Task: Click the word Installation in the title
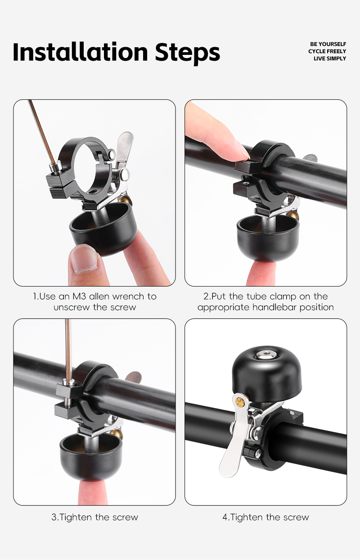[80, 52]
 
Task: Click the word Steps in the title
[187, 54]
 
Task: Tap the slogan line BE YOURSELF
[328, 44]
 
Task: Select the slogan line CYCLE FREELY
[327, 51]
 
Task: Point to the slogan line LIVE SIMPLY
[330, 58]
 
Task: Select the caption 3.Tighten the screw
[94, 517]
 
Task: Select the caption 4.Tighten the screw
[265, 517]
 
